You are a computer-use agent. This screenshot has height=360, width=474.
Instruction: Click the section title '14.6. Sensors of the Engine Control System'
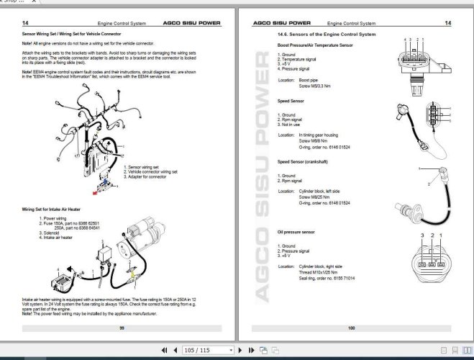coord(326,34)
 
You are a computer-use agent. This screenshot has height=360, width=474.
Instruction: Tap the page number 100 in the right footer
coord(352,328)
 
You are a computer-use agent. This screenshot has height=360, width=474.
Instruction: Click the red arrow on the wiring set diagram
coord(95,192)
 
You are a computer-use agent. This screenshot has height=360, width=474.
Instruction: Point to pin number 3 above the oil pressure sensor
coord(421,235)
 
